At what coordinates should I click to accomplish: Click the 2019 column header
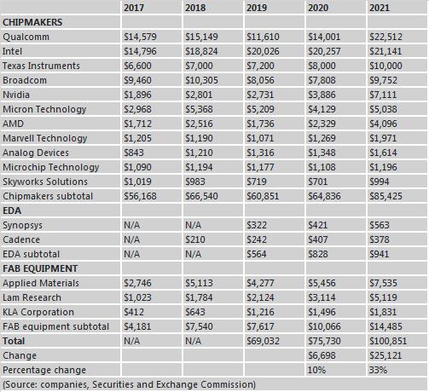pos(257,8)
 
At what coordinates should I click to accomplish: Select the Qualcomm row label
pos(26,37)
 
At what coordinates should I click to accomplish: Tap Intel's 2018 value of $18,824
pos(201,51)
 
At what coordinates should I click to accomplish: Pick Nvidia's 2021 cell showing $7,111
pos(383,95)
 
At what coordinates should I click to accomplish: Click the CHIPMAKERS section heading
pos(32,22)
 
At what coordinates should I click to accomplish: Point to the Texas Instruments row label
pos(41,66)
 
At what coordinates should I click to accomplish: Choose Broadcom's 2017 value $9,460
pos(137,80)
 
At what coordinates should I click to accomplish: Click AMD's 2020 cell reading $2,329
pos(322,124)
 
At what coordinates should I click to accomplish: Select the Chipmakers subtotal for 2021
pos(386,196)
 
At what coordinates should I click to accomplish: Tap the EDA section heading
pos(12,210)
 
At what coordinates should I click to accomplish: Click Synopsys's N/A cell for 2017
pos(131,225)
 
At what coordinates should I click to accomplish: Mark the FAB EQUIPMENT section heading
pos(40,268)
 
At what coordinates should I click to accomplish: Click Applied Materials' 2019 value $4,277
pos(260,283)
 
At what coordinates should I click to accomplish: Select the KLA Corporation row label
pos(38,312)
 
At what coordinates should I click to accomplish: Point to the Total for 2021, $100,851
pos(388,341)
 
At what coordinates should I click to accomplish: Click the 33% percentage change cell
pos(378,370)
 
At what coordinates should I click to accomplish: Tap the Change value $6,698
pos(322,355)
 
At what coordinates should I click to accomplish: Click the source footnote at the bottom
pos(130,384)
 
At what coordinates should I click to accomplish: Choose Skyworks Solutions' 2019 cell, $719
pos(257,182)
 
